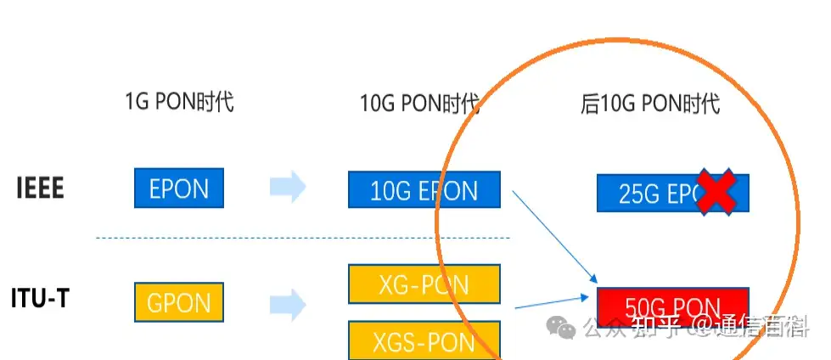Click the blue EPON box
[178, 188]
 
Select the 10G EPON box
[424, 189]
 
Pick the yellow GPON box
[178, 302]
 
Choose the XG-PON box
[424, 284]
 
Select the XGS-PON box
[424, 340]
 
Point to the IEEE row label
[40, 188]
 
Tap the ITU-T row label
[40, 300]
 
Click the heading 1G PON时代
[178, 104]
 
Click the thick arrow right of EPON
[288, 188]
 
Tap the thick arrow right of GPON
[288, 302]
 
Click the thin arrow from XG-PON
[550, 301]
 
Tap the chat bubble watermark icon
[562, 327]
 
